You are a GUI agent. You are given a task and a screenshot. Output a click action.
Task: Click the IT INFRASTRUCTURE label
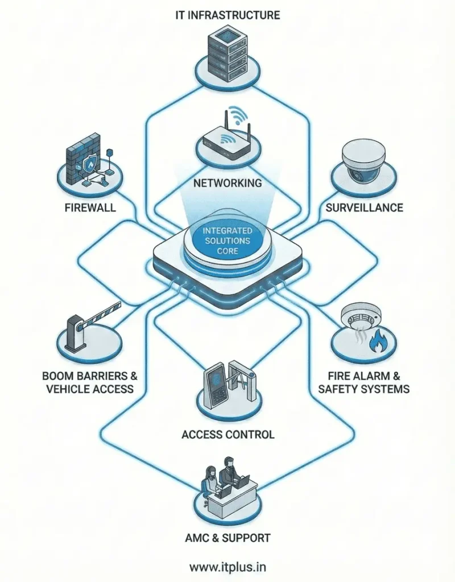tap(227, 15)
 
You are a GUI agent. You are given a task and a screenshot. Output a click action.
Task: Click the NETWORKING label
tap(227, 183)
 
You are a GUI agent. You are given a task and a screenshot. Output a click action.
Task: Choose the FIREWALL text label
tap(90, 207)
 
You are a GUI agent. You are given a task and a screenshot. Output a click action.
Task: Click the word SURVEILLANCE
tap(364, 207)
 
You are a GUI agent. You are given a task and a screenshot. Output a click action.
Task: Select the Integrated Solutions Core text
tap(227, 240)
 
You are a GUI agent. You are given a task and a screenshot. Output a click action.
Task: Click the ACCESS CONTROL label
tap(227, 435)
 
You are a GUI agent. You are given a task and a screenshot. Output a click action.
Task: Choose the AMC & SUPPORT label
tap(227, 538)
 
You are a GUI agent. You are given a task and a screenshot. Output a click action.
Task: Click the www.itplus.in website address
tap(227, 567)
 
